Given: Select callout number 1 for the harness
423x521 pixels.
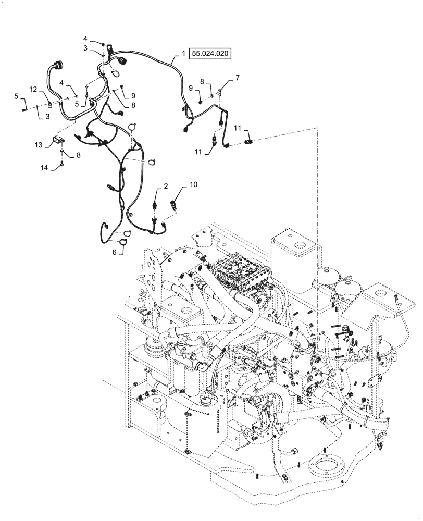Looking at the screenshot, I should tap(183, 53).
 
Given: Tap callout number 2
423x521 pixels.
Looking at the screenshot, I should tap(166, 186).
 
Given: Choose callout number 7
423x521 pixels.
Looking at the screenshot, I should tap(238, 78).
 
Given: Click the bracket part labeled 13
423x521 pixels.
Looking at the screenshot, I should tap(58, 140).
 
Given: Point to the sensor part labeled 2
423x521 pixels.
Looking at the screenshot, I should tap(155, 204).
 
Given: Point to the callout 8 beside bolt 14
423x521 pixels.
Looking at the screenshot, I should tap(78, 155).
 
